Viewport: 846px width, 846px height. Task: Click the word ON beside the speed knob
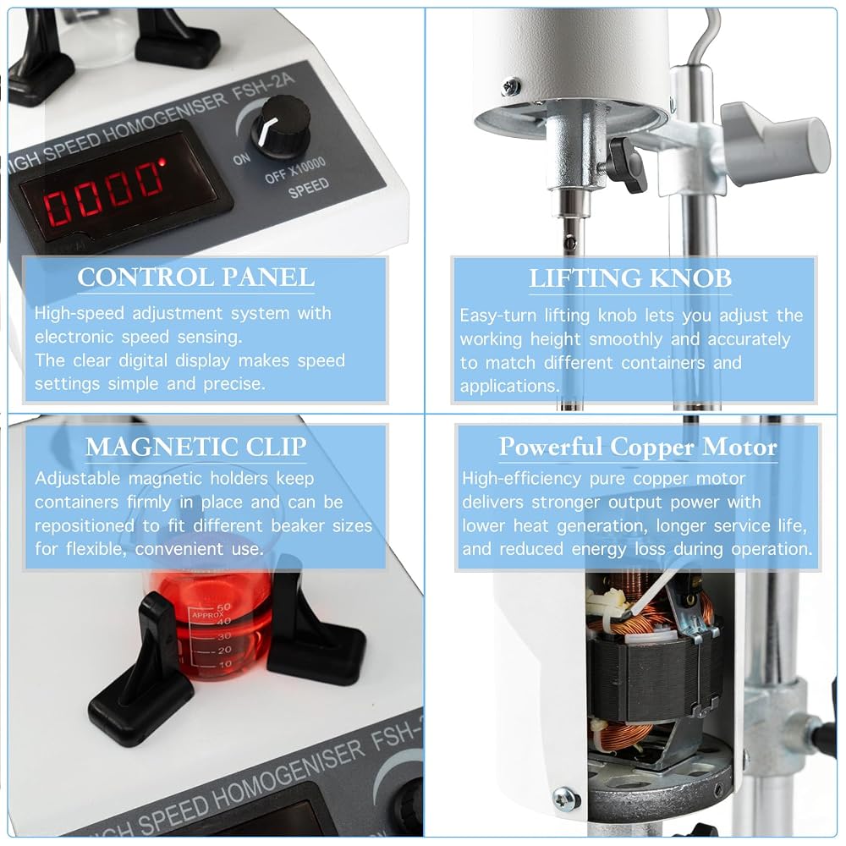tap(242, 159)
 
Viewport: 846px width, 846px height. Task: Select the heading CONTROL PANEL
tap(196, 277)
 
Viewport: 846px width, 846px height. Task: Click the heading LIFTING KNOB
tap(630, 278)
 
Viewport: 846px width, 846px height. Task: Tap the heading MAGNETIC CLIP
tap(196, 447)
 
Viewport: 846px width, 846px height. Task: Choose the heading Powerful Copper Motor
tap(638, 447)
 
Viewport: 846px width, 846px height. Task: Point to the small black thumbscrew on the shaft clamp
tap(628, 164)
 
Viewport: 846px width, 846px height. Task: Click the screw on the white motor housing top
tap(510, 86)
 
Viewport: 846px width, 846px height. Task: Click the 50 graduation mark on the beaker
tap(223, 607)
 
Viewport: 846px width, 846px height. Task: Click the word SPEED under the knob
tap(309, 189)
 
